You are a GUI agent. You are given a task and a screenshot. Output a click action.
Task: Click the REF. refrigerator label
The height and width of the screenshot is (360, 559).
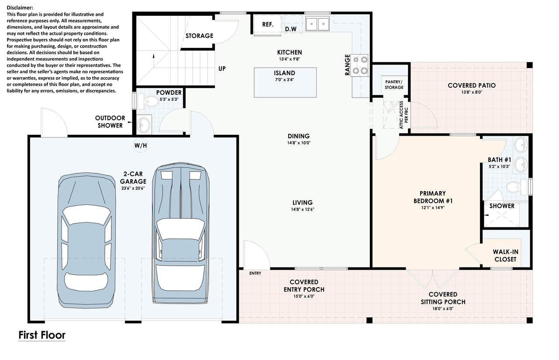268,24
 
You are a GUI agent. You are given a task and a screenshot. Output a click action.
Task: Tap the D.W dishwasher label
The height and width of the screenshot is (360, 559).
291,29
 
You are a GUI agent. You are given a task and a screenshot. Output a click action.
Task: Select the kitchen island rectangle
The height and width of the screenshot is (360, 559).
285,82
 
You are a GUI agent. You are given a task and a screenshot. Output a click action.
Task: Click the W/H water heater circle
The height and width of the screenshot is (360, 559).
141,145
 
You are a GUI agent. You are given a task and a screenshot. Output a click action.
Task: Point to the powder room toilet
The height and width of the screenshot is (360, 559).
148,101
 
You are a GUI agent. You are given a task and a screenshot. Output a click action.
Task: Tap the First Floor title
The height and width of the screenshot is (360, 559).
42,335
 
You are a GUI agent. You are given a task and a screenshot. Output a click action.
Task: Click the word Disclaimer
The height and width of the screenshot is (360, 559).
20,8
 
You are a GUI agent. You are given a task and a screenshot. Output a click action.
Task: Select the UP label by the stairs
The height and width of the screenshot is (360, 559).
222,69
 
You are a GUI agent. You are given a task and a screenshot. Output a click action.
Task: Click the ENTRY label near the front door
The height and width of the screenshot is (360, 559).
255,273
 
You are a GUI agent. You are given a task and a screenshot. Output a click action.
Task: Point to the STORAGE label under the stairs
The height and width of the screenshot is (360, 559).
200,36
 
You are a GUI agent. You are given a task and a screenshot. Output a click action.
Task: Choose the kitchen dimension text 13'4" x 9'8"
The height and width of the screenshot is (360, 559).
290,59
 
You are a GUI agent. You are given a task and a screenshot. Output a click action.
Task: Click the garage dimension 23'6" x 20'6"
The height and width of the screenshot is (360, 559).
133,188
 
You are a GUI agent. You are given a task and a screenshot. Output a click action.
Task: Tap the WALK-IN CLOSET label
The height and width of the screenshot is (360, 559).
506,256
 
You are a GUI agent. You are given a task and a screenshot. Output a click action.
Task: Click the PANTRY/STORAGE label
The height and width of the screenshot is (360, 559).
394,85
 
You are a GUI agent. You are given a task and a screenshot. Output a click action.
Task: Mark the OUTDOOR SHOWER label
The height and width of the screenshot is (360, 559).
110,122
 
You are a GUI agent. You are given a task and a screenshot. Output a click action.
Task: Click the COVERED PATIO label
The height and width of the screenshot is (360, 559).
472,86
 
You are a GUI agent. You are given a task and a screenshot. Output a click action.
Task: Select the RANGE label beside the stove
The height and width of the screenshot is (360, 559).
347,65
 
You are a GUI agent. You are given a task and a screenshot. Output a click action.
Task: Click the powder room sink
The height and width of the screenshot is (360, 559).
144,124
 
